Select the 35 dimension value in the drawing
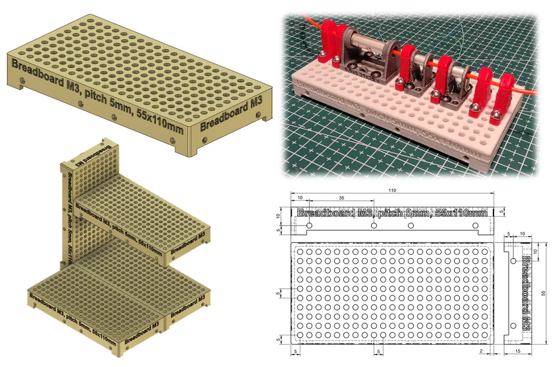341,199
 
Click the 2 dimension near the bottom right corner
481,351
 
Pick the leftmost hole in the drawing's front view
310,225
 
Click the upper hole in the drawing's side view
513,261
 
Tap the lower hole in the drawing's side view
513,325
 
